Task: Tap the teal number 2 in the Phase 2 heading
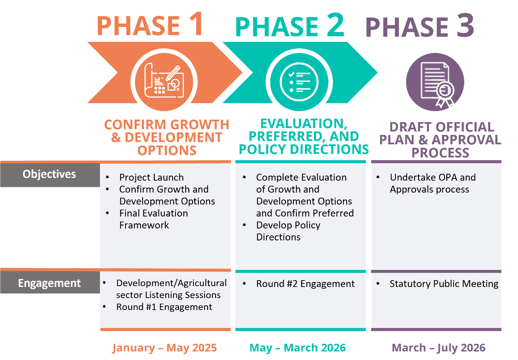(x=335, y=25)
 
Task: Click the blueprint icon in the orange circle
(x=164, y=80)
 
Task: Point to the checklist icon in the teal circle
(x=299, y=82)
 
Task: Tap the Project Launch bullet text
(x=152, y=177)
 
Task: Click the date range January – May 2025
(x=164, y=348)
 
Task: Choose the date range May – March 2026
(x=298, y=348)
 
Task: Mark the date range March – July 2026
(x=439, y=348)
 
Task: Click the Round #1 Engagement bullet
(x=164, y=307)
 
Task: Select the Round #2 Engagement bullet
(x=305, y=284)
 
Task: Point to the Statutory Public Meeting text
(x=444, y=284)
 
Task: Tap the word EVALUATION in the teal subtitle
(x=304, y=123)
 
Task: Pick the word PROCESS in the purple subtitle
(x=440, y=153)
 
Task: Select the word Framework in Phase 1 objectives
(x=144, y=225)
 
